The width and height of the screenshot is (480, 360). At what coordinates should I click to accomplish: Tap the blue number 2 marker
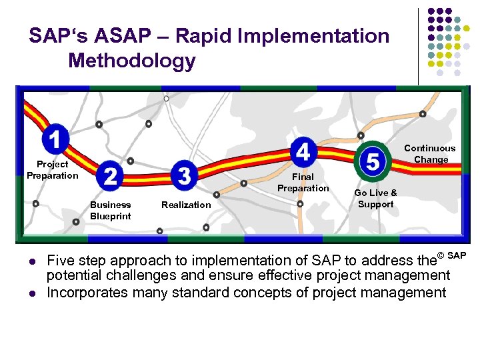click(111, 176)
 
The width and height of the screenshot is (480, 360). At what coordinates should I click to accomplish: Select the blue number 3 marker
click(185, 175)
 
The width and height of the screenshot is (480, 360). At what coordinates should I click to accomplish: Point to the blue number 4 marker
click(303, 153)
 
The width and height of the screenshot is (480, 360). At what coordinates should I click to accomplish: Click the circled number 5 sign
click(373, 161)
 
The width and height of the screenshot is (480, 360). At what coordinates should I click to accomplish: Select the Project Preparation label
click(52, 170)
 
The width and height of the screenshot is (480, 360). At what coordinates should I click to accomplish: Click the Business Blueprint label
click(111, 211)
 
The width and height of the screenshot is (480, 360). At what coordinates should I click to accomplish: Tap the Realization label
click(186, 205)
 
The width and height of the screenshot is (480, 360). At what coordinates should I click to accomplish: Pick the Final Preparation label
click(303, 183)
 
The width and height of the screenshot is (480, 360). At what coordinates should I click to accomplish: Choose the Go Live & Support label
click(375, 199)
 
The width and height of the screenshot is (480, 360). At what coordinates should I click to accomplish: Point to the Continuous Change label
click(430, 154)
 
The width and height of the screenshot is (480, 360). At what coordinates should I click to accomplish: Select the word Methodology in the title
click(132, 61)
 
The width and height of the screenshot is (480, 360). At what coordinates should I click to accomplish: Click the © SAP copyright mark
click(451, 256)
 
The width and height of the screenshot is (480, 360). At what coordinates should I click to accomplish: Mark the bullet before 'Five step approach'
click(30, 261)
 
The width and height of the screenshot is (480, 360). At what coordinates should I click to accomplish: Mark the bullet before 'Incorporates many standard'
click(30, 293)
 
